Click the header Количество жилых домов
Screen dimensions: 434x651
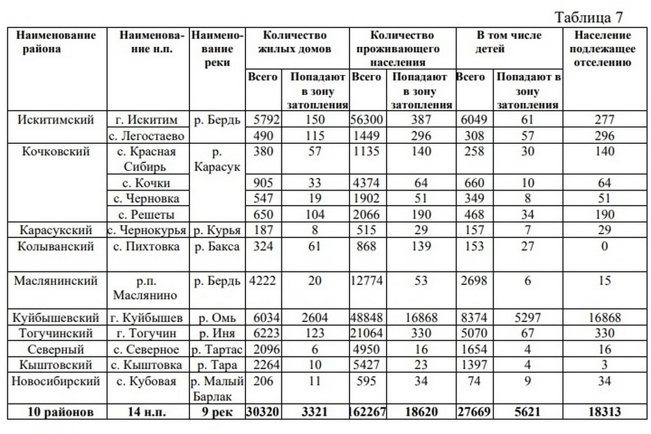(296, 41)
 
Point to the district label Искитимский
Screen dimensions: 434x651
(56, 120)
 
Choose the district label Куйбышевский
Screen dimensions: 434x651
(56, 318)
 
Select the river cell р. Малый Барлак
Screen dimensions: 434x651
(217, 388)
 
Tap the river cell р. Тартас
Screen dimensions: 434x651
(217, 349)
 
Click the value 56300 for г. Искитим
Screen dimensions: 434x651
(367, 120)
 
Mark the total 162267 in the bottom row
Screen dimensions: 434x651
(367, 412)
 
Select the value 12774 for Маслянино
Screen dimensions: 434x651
(367, 281)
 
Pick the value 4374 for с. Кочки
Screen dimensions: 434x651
(367, 183)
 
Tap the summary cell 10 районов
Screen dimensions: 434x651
(56, 412)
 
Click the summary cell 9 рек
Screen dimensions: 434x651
(217, 412)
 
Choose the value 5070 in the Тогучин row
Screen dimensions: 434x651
(473, 333)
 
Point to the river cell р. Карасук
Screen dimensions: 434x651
(217, 159)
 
